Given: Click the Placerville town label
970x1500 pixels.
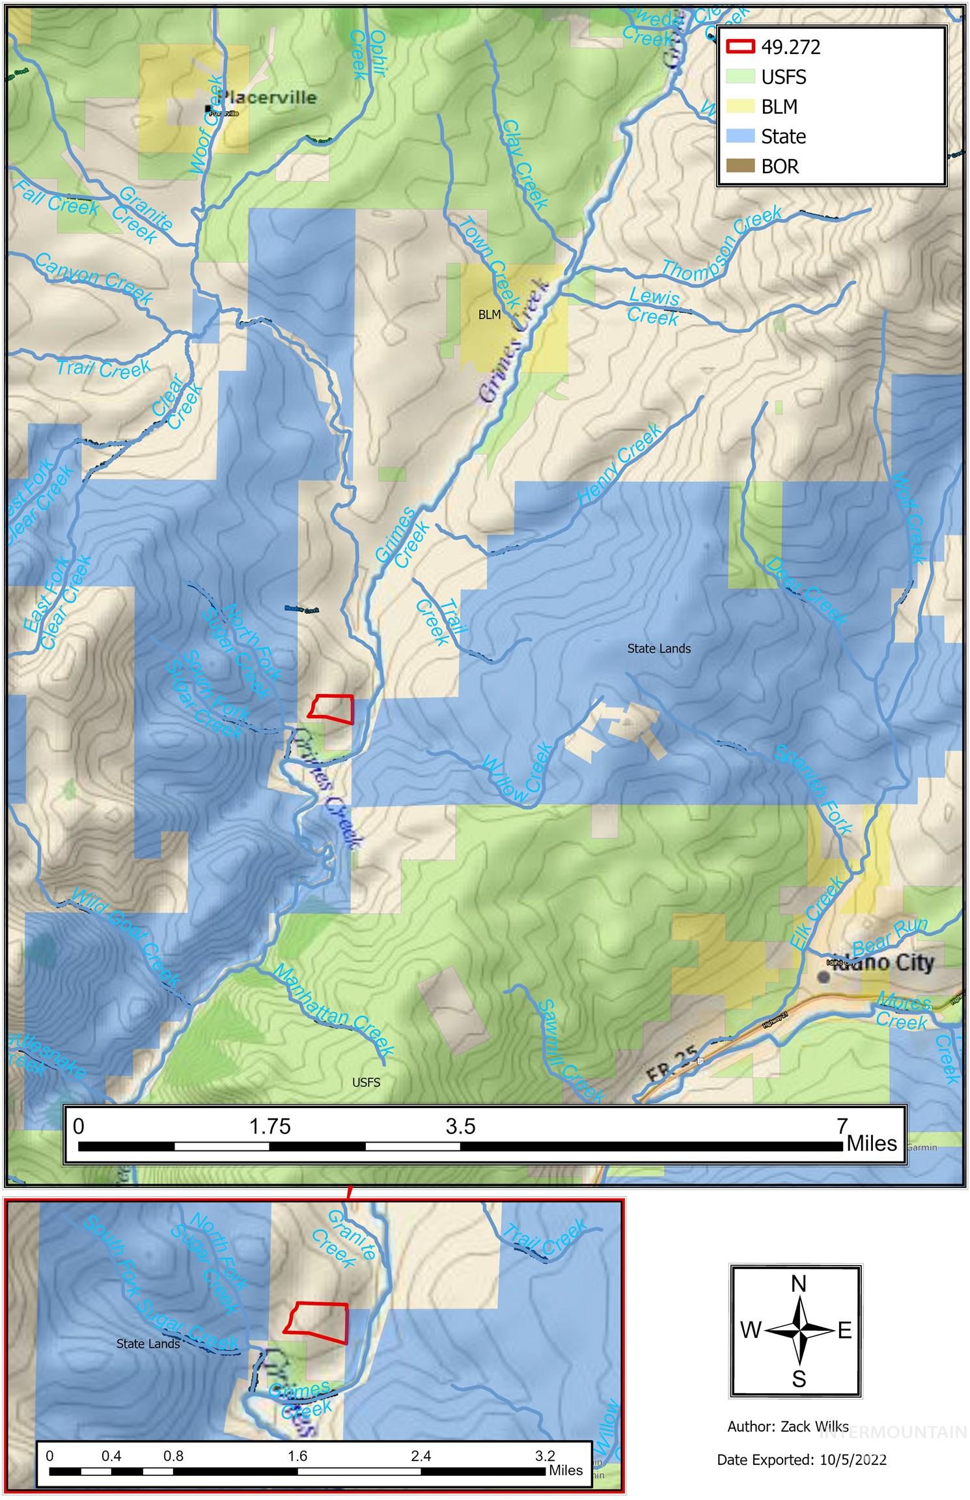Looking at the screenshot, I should pos(268,98).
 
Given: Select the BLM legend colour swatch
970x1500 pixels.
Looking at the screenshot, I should pos(740,107).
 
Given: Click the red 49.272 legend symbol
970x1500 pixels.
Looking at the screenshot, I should pos(740,47).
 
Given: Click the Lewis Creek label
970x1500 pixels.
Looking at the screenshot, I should pos(654,307).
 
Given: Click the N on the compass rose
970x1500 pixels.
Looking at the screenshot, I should pos(799,1283).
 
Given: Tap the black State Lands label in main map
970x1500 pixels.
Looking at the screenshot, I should pos(659,648).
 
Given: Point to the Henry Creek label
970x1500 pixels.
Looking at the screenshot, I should pos(619,463).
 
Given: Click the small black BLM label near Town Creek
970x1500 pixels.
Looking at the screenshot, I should pos(490,315).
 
